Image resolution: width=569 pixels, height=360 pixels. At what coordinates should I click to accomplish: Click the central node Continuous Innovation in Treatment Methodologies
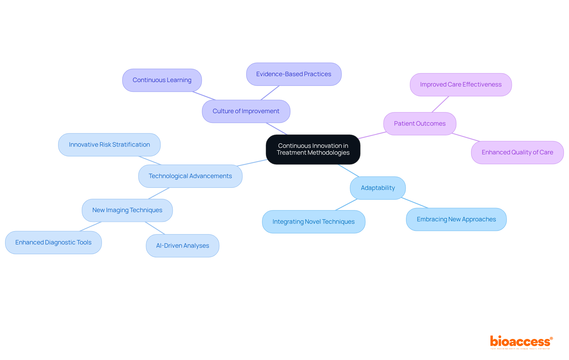pos(313,149)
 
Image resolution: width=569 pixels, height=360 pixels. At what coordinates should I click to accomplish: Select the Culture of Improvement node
pos(246,111)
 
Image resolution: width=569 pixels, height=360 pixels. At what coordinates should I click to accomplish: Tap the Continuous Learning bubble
pos(162,80)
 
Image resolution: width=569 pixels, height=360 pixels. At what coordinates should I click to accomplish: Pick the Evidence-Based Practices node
pos(294,74)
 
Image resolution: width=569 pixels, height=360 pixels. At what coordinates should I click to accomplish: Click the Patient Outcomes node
pos(420,124)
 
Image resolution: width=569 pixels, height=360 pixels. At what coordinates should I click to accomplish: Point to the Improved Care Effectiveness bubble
pos(461,84)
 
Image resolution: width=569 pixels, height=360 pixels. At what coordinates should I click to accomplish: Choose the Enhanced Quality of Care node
pos(517,152)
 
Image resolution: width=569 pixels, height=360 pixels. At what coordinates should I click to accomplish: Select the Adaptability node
pos(378,188)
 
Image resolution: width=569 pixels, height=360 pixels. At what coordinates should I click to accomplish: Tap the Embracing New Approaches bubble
pos(456,219)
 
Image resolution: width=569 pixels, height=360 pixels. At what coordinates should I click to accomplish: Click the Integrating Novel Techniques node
pos(314,222)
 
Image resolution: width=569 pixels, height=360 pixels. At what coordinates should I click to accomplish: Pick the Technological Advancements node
pos(190,176)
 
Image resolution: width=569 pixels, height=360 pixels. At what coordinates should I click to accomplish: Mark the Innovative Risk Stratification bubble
pos(109,145)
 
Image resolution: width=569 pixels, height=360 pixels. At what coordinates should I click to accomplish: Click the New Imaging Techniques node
pos(127,210)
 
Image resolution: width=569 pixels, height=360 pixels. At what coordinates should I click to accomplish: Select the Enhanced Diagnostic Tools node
pos(53,242)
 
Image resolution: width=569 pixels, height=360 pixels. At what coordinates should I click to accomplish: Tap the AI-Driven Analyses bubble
pos(183,246)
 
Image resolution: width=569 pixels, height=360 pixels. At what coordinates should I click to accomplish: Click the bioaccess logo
pos(521,342)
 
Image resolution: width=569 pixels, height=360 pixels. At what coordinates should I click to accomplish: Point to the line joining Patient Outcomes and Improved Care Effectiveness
pos(440,104)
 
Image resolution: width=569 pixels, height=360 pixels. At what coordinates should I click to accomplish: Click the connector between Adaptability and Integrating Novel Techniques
pos(346,205)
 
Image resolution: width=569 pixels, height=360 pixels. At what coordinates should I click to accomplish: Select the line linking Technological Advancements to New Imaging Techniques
pos(159,193)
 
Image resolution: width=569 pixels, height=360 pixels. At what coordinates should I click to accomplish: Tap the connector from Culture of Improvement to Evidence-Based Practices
pos(270,93)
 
